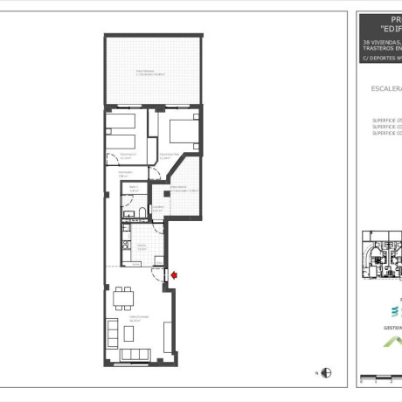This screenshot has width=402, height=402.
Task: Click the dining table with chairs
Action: [x=122, y=299]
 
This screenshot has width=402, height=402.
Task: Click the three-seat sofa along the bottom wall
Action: [x=139, y=354]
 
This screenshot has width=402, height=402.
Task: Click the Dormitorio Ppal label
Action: [x=170, y=155]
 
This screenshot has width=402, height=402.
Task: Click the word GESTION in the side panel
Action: [x=392, y=329]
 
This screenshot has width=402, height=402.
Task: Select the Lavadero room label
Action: [x=158, y=208]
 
